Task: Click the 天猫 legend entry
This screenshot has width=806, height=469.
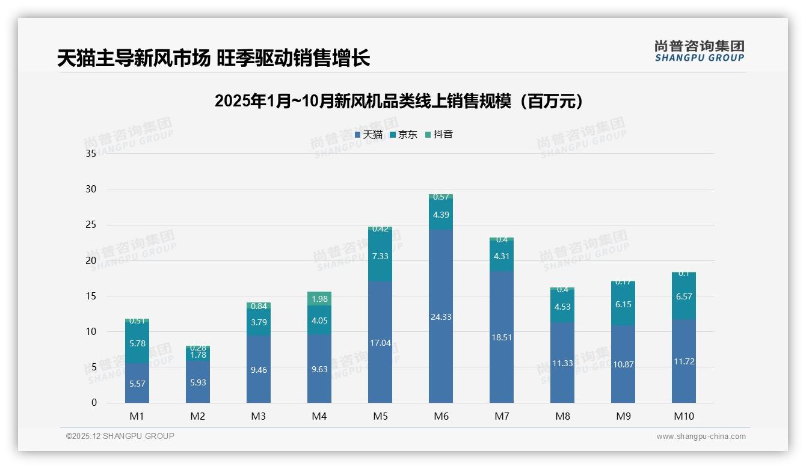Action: point(368,135)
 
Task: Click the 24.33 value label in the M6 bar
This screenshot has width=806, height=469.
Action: point(441,317)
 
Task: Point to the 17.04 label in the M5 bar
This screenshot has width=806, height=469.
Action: point(380,343)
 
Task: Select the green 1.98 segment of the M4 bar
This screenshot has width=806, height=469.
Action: point(319,299)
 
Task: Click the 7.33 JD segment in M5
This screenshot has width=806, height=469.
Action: point(380,256)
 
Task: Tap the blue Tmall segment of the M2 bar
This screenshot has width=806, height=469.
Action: point(198,382)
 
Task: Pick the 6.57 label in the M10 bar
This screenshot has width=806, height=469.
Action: point(684,296)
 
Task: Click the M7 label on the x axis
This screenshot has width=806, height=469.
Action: point(502,416)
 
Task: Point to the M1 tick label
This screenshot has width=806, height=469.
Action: point(137,416)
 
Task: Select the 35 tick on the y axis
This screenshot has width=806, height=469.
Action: point(91,153)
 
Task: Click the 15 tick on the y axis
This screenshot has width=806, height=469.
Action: point(91,296)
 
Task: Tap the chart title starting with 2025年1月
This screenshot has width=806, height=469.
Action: point(399,102)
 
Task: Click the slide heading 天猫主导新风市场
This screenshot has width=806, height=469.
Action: point(213,58)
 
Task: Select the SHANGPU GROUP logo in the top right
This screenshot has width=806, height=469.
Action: point(699,51)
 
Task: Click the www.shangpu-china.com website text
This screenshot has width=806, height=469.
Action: point(701,437)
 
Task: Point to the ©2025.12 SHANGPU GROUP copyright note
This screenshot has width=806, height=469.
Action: point(120,437)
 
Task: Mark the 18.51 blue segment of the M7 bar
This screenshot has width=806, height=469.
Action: point(502,337)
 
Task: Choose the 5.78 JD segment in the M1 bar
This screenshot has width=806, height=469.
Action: point(137,343)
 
